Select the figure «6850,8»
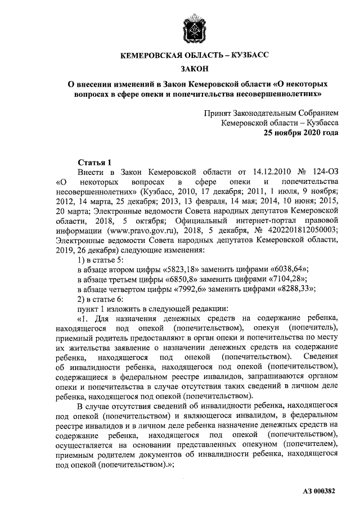179,279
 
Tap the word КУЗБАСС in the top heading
246,55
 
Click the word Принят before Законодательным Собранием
219,112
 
